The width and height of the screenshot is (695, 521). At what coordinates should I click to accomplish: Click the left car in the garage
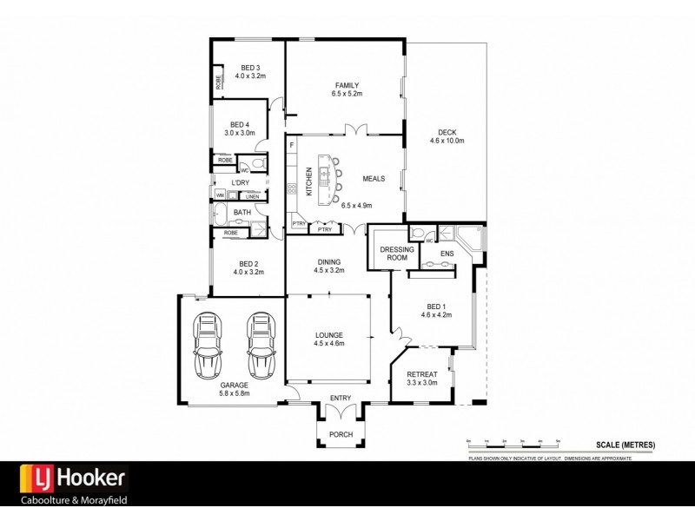tap(208, 346)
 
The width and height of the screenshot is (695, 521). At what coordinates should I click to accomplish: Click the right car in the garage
tap(261, 346)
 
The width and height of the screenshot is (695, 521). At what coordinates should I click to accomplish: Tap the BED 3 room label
tap(248, 68)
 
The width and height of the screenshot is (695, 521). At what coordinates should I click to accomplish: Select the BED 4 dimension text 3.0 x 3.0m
tap(240, 133)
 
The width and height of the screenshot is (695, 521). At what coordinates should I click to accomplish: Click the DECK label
tap(447, 132)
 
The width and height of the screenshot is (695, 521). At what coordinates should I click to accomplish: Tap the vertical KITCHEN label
tap(308, 181)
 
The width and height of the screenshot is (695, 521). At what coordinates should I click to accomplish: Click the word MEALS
tap(374, 179)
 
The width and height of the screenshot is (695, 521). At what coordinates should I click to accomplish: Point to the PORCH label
tap(341, 433)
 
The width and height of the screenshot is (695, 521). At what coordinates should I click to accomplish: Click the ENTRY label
tap(341, 399)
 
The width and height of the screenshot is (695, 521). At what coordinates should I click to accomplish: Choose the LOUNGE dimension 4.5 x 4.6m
tap(329, 344)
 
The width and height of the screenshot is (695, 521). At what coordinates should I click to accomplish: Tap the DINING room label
tap(329, 262)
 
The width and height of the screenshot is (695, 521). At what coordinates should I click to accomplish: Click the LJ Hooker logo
tap(74, 477)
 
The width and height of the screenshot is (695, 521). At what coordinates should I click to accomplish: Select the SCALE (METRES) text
tap(625, 445)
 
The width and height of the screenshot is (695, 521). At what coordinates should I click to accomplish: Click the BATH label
tap(242, 212)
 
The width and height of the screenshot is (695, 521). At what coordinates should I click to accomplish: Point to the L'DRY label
tap(240, 182)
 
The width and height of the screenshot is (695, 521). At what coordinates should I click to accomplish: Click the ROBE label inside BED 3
tap(218, 82)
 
